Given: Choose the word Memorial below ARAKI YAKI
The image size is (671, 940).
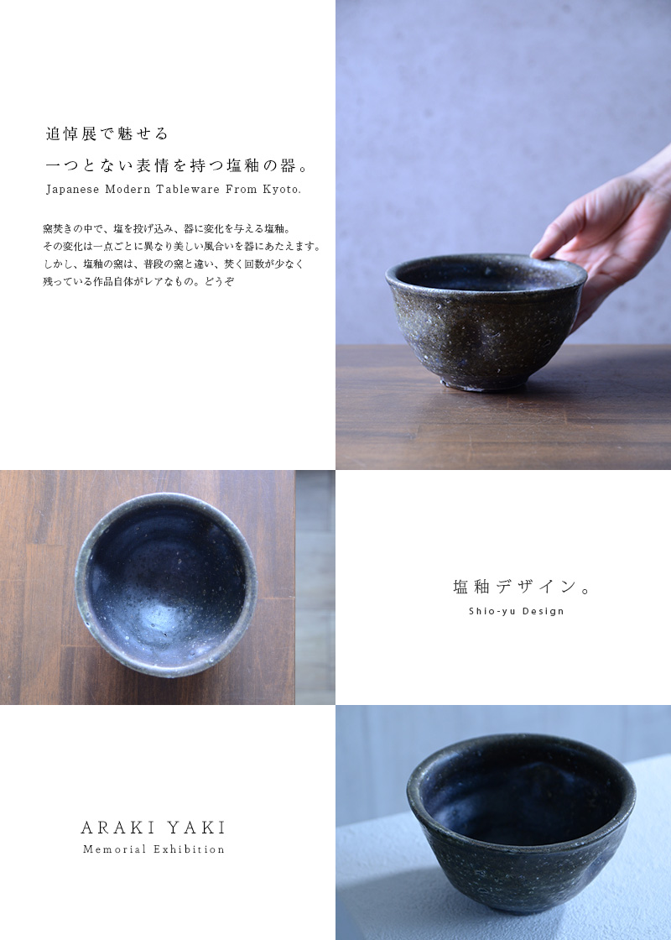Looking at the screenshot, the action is (x=114, y=849).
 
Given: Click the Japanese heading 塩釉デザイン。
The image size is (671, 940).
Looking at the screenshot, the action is (x=522, y=587).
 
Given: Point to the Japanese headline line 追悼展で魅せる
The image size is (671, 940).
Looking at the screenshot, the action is (x=107, y=133).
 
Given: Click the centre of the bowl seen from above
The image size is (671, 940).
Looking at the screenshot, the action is (x=166, y=585).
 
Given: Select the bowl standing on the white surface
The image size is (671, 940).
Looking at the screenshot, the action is (x=520, y=822).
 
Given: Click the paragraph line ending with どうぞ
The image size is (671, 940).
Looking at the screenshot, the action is (x=138, y=281).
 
